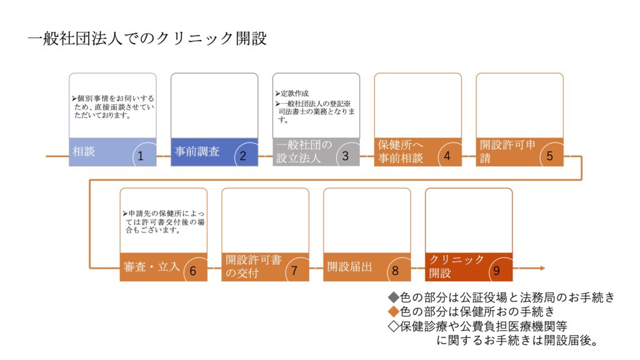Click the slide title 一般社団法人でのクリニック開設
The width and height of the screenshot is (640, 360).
point(147,39)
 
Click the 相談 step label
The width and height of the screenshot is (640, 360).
point(84,152)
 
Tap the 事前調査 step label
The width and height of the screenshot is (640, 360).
point(197,152)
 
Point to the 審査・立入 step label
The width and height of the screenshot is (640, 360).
point(151,267)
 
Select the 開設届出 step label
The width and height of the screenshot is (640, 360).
point(350,267)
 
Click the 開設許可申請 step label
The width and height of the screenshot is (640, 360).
point(507,151)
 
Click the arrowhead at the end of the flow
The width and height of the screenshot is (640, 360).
point(542,268)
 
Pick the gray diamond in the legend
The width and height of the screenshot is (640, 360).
point(394,297)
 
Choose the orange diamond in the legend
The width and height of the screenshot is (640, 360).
point(394,312)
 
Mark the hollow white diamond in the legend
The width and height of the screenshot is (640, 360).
point(394,326)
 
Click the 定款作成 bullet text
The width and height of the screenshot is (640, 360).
point(292,94)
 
